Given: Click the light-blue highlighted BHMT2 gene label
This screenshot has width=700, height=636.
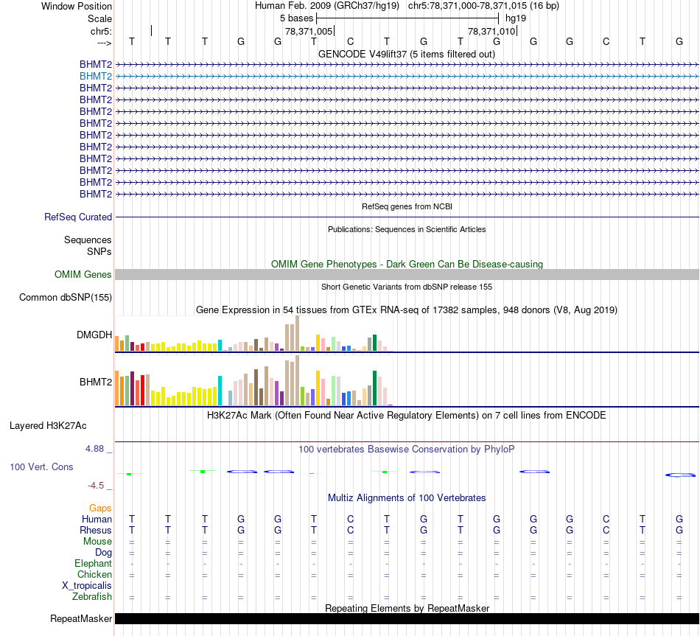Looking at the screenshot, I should point(96,76).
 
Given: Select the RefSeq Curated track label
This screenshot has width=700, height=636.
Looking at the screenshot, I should point(78,217).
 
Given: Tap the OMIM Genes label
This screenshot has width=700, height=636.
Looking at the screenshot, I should point(83,275).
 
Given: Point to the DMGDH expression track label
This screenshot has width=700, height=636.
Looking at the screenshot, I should point(94,335).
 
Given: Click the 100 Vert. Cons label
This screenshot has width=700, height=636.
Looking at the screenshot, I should point(41,467).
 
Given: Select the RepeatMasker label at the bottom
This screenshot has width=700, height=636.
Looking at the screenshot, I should point(81,619).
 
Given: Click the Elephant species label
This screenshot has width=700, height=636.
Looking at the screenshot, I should point(94,564).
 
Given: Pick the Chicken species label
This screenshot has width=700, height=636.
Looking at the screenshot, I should point(95,575).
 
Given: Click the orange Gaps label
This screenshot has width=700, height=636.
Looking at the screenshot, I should point(100,509).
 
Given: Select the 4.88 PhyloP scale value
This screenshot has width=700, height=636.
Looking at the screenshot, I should point(98,448).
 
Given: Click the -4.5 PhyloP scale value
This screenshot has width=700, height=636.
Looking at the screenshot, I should point(99,486).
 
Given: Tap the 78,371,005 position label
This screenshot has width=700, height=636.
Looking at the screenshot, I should point(309,31).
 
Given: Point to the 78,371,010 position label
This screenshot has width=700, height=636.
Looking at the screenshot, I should point(491,31).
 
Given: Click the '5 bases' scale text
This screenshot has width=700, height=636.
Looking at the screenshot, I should point(296,18).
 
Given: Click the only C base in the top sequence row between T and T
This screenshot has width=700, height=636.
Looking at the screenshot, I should point(351,41).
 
